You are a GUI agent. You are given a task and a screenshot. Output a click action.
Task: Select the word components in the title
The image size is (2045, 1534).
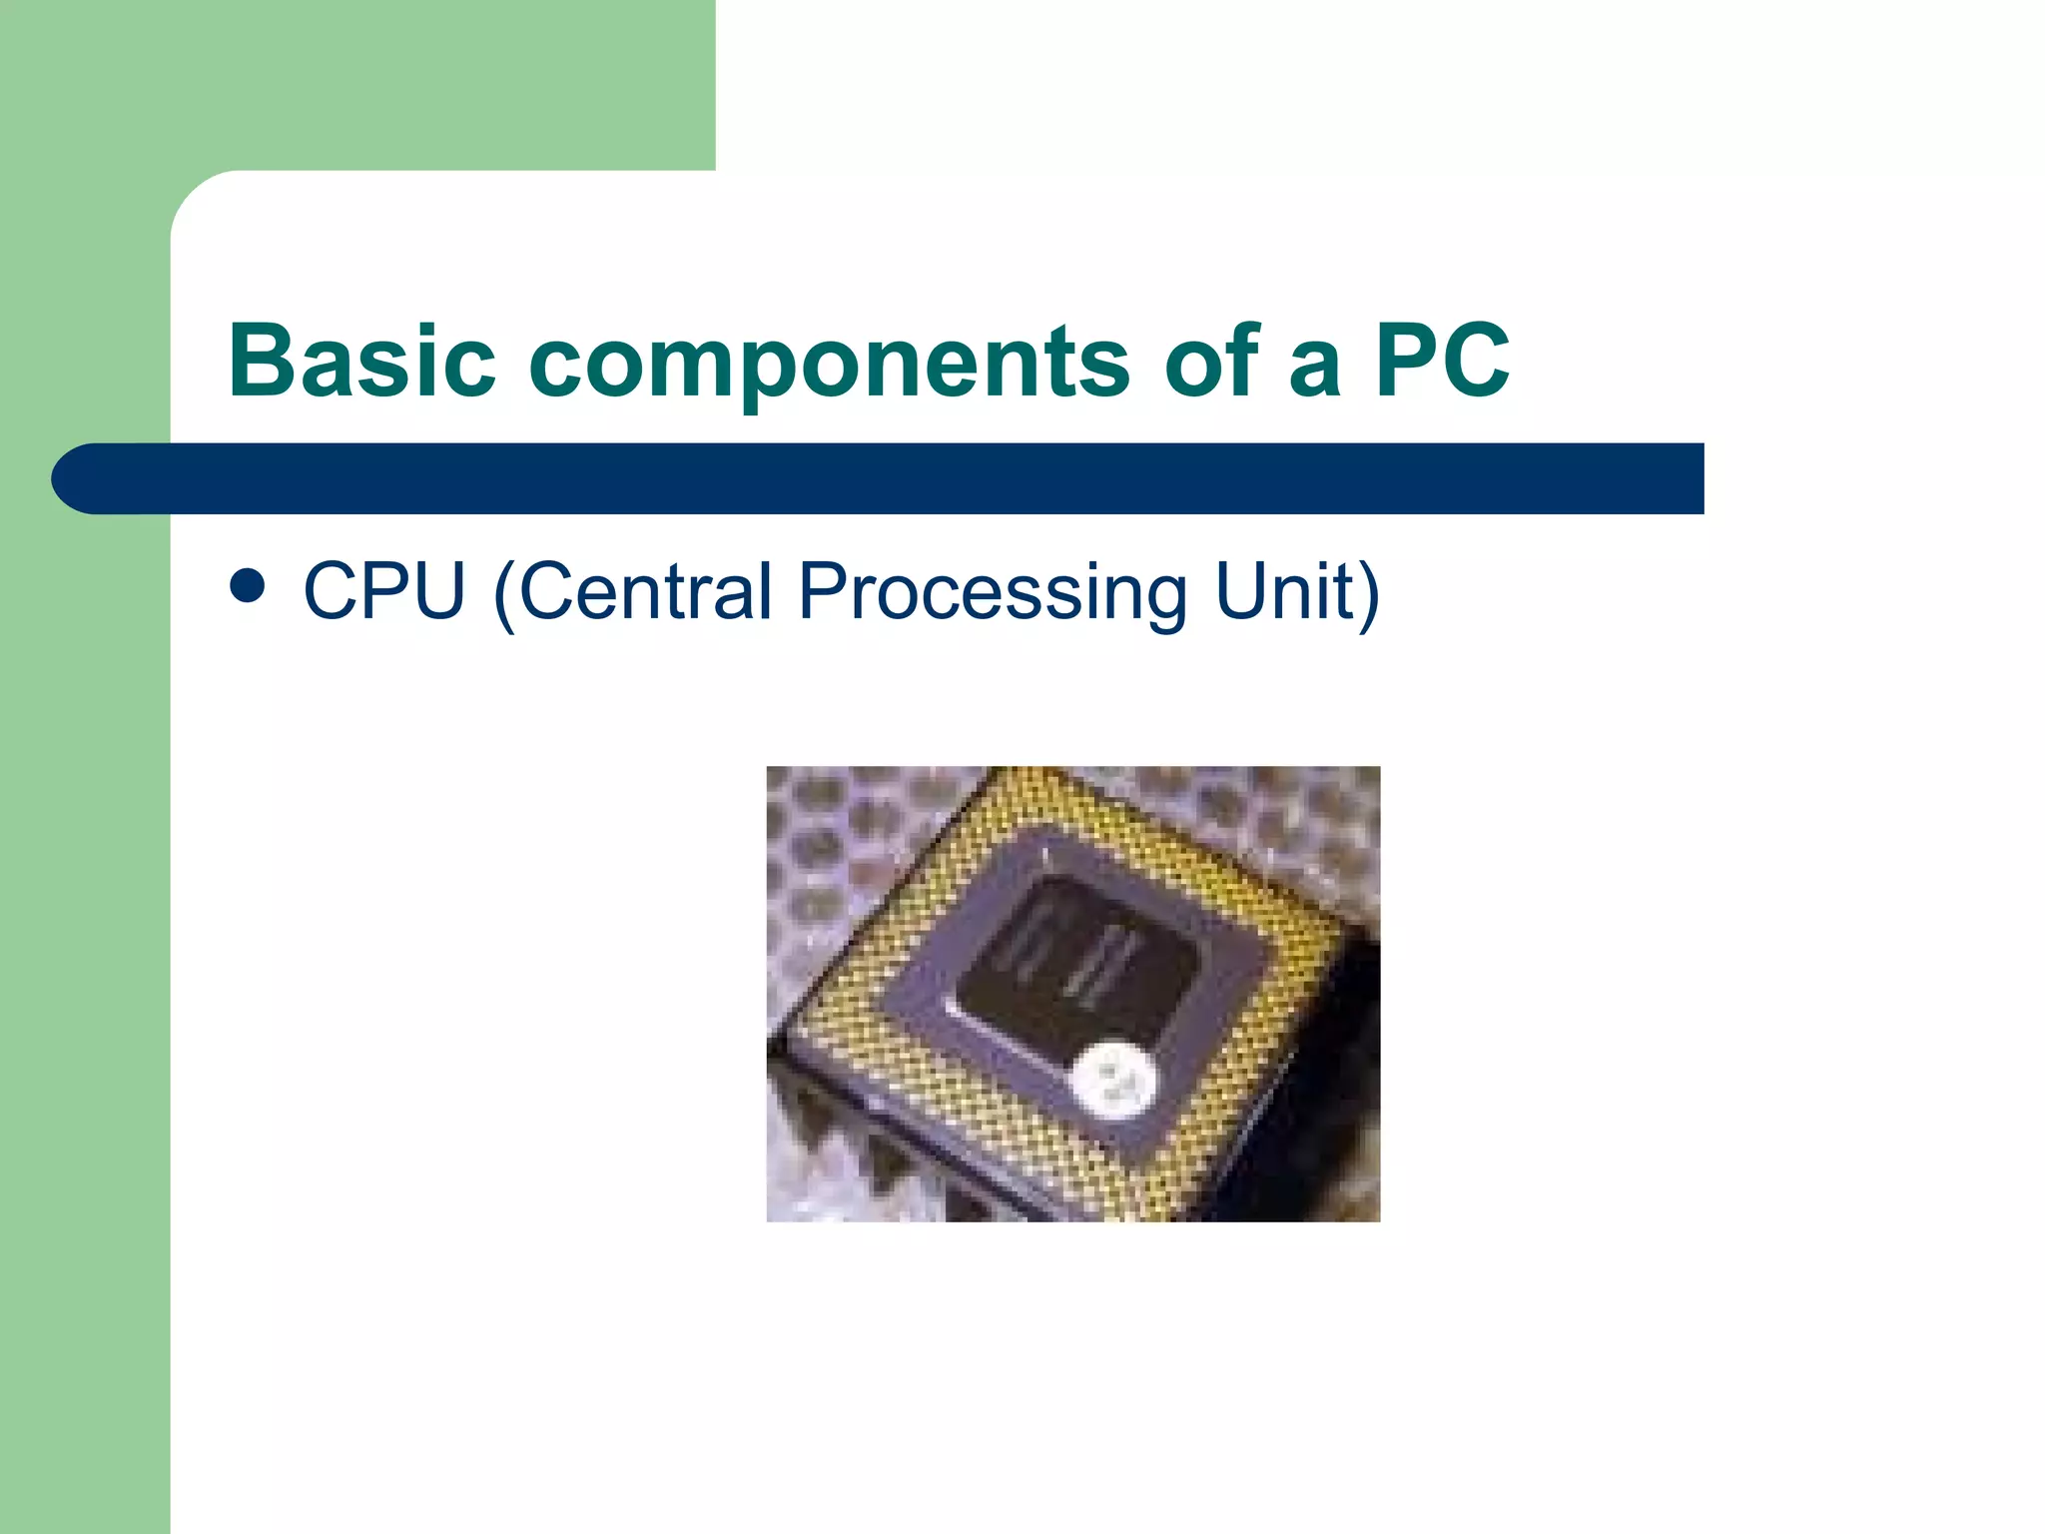[836, 362]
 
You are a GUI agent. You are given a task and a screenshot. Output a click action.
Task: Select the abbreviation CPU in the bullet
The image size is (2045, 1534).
[384, 591]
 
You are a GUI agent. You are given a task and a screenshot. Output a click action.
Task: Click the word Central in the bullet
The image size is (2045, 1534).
[645, 591]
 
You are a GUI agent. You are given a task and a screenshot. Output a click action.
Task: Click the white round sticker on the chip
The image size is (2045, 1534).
[1114, 1078]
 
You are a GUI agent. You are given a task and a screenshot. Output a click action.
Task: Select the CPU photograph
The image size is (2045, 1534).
[1072, 993]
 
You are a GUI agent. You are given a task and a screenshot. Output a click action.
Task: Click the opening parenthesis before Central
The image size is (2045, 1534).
[504, 593]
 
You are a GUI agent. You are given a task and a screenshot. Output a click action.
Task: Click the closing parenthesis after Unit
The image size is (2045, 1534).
[1367, 593]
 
